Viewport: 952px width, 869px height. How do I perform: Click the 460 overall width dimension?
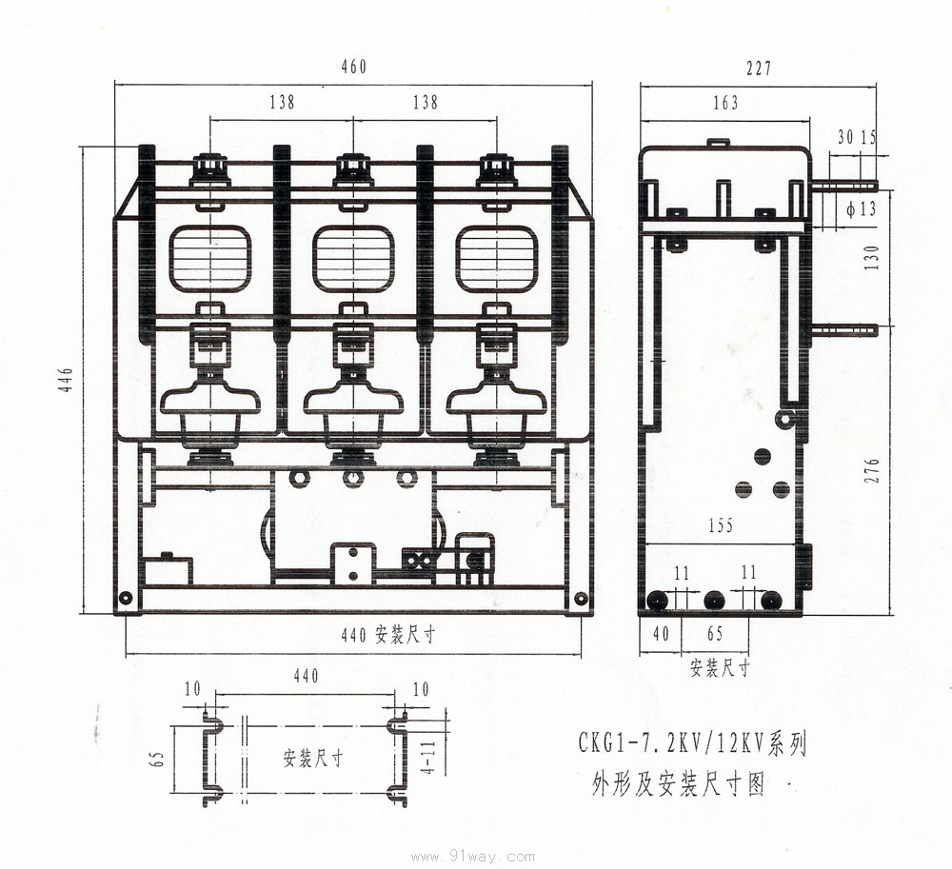point(352,68)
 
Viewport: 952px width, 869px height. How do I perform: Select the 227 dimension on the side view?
point(759,69)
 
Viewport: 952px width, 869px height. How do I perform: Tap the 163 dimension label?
point(724,103)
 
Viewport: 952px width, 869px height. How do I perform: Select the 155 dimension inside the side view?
point(721,525)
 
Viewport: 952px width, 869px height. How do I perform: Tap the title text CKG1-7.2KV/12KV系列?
point(692,742)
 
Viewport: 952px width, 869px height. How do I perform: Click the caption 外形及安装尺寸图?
point(678,784)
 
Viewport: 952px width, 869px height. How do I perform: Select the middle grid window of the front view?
point(353,259)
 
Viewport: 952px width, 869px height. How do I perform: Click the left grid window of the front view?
point(210,259)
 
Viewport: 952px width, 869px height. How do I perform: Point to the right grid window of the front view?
point(496,259)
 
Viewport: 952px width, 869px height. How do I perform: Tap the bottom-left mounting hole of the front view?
point(125,599)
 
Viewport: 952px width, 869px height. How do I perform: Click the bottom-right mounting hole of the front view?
point(581,599)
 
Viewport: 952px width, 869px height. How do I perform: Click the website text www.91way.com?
point(472,857)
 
